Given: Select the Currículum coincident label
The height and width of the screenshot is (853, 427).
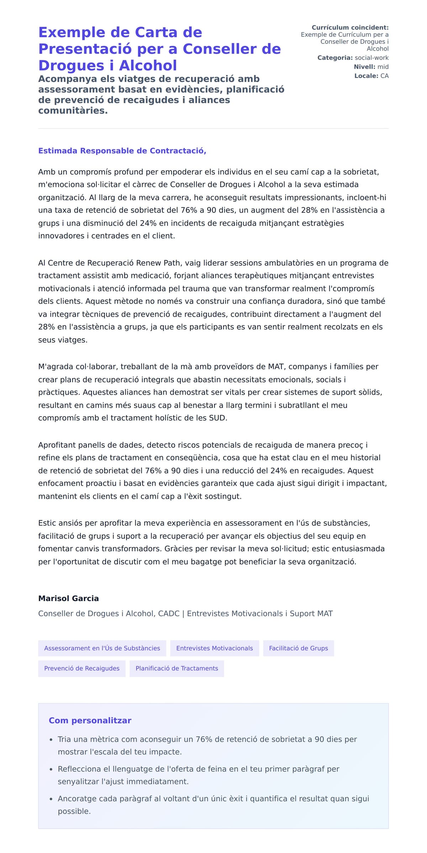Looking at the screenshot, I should pyautogui.click(x=350, y=27).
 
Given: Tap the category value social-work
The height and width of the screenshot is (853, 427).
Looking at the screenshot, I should pyautogui.click(x=371, y=58).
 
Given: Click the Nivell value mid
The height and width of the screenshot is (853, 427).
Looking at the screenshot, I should pyautogui.click(x=383, y=67).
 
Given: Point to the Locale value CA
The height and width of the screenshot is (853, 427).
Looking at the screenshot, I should pyautogui.click(x=384, y=76).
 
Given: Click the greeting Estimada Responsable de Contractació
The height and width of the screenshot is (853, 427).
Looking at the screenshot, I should pyautogui.click(x=122, y=151).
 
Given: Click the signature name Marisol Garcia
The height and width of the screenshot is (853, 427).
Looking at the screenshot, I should pyautogui.click(x=68, y=598).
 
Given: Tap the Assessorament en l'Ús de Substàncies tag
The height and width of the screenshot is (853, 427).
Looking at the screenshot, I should pyautogui.click(x=102, y=648).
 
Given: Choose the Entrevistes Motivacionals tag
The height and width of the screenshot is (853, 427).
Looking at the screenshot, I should pyautogui.click(x=215, y=648).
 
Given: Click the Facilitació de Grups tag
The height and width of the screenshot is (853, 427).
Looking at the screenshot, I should pyautogui.click(x=298, y=648).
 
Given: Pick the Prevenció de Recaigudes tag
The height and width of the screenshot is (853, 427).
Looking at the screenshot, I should pyautogui.click(x=82, y=668).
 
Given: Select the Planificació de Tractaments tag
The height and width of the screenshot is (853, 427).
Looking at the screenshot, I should pyautogui.click(x=176, y=668).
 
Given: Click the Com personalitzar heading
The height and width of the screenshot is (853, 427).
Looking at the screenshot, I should pyautogui.click(x=90, y=720).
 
